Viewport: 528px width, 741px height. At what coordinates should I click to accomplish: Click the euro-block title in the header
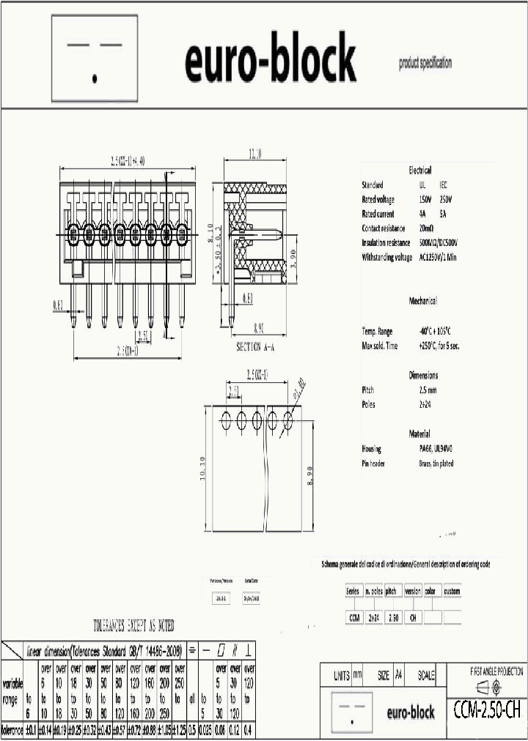(270, 61)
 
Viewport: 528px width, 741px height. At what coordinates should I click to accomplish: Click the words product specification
(425, 63)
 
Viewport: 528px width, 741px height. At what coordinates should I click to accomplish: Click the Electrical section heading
(420, 170)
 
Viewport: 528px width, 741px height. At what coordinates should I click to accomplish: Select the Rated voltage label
(378, 199)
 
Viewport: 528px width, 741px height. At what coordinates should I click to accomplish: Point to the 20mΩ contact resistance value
(427, 228)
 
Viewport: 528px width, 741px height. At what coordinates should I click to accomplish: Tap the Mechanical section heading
(422, 301)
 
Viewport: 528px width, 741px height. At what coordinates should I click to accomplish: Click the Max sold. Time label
(380, 346)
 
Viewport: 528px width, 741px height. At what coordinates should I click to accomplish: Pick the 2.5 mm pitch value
(428, 390)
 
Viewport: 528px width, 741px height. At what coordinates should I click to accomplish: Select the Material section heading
(419, 433)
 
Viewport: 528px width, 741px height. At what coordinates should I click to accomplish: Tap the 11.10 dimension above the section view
(254, 154)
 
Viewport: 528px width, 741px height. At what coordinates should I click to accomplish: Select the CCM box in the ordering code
(355, 618)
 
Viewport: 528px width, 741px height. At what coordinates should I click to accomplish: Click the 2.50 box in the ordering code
(394, 618)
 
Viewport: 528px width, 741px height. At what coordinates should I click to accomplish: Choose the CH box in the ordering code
(413, 618)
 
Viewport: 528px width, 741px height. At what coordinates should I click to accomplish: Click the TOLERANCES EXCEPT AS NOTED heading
(133, 626)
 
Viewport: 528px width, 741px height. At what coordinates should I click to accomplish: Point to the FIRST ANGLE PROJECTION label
(496, 670)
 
